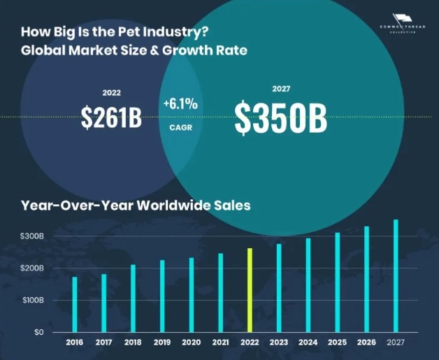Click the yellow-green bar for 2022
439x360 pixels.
249,289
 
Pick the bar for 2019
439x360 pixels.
162,296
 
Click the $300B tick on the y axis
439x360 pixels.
33,236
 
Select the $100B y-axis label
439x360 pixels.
33,300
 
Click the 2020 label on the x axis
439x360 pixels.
191,343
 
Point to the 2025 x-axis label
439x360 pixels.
337,343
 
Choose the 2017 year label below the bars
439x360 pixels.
103,343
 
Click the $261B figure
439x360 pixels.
111,118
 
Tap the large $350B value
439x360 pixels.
280,118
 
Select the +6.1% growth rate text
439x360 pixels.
180,104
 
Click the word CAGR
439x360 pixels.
180,128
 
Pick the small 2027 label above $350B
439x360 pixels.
280,89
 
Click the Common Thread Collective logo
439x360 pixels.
401,22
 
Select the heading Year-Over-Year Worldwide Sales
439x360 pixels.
136,206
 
